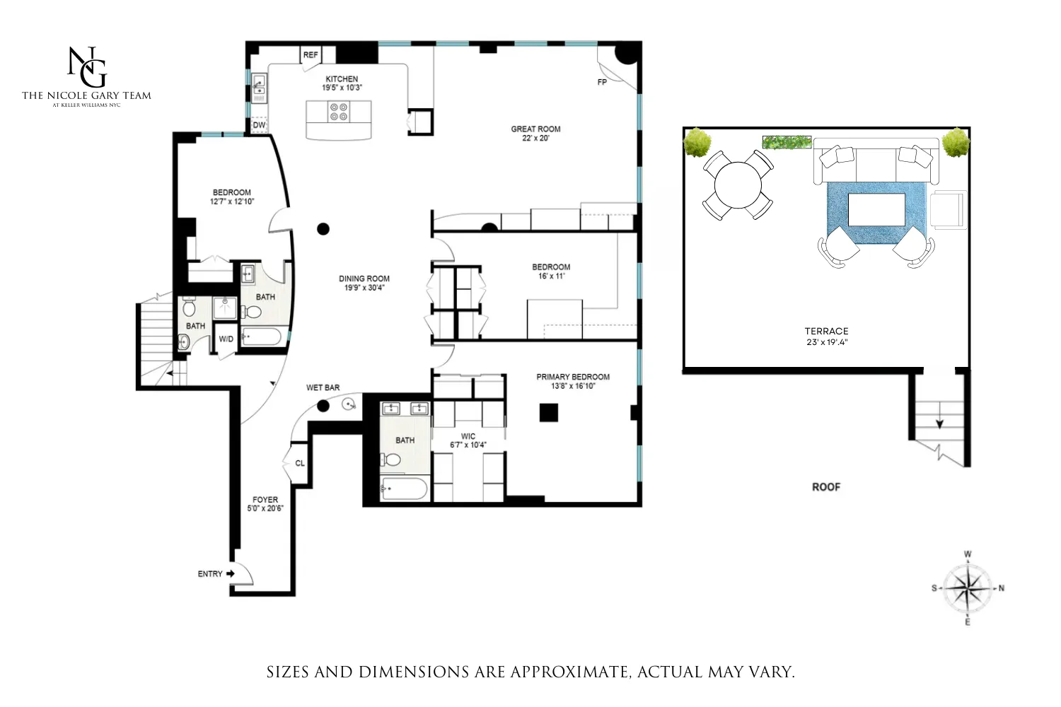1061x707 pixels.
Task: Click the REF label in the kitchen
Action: click(311, 55)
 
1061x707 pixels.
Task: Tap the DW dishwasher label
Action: click(260, 125)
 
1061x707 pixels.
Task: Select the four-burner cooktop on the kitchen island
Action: click(339, 112)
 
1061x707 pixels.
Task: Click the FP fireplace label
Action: click(602, 83)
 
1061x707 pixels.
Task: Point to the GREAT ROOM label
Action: click(535, 129)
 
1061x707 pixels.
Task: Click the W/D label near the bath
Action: click(226, 339)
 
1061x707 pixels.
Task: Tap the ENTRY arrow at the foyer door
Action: click(231, 574)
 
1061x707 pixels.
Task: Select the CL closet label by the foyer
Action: click(300, 464)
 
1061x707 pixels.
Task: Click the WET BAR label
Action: click(323, 388)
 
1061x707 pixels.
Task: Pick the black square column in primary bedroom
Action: click(549, 412)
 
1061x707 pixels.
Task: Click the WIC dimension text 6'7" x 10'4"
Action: click(468, 445)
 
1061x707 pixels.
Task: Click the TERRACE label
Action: click(826, 332)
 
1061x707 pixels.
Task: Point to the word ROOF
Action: click(825, 487)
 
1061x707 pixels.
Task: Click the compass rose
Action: click(968, 588)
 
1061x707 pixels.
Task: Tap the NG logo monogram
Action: click(86, 66)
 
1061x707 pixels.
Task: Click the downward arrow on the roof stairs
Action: click(939, 422)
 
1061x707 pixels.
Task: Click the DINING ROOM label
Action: click(364, 279)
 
